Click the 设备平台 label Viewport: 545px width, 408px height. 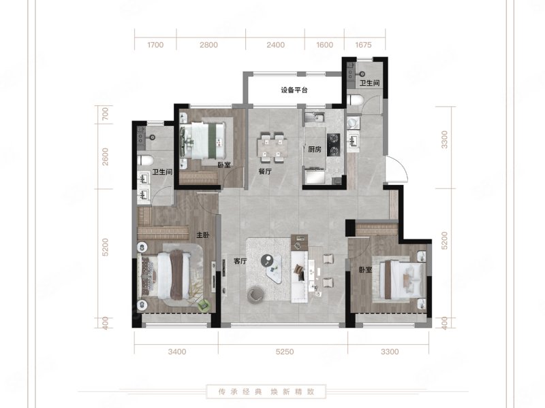(294, 90)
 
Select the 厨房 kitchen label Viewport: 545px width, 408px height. (315, 150)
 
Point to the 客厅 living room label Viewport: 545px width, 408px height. (240, 261)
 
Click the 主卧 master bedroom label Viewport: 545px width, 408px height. (203, 235)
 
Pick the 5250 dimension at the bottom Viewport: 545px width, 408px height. (285, 352)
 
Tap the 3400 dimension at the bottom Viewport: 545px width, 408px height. (177, 352)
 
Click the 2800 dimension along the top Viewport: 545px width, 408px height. (208, 45)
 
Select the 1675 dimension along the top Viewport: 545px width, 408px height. (363, 45)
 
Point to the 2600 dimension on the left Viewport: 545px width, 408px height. (106, 157)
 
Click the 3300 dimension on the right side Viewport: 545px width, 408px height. (444, 140)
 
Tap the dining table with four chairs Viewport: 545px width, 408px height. (272, 148)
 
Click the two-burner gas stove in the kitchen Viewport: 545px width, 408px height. (333, 145)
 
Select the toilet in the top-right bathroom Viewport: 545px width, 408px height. (355, 100)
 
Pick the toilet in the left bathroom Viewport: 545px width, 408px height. (145, 160)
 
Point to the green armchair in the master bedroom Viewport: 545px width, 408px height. (204, 305)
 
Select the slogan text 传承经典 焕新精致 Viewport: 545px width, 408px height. (266, 392)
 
